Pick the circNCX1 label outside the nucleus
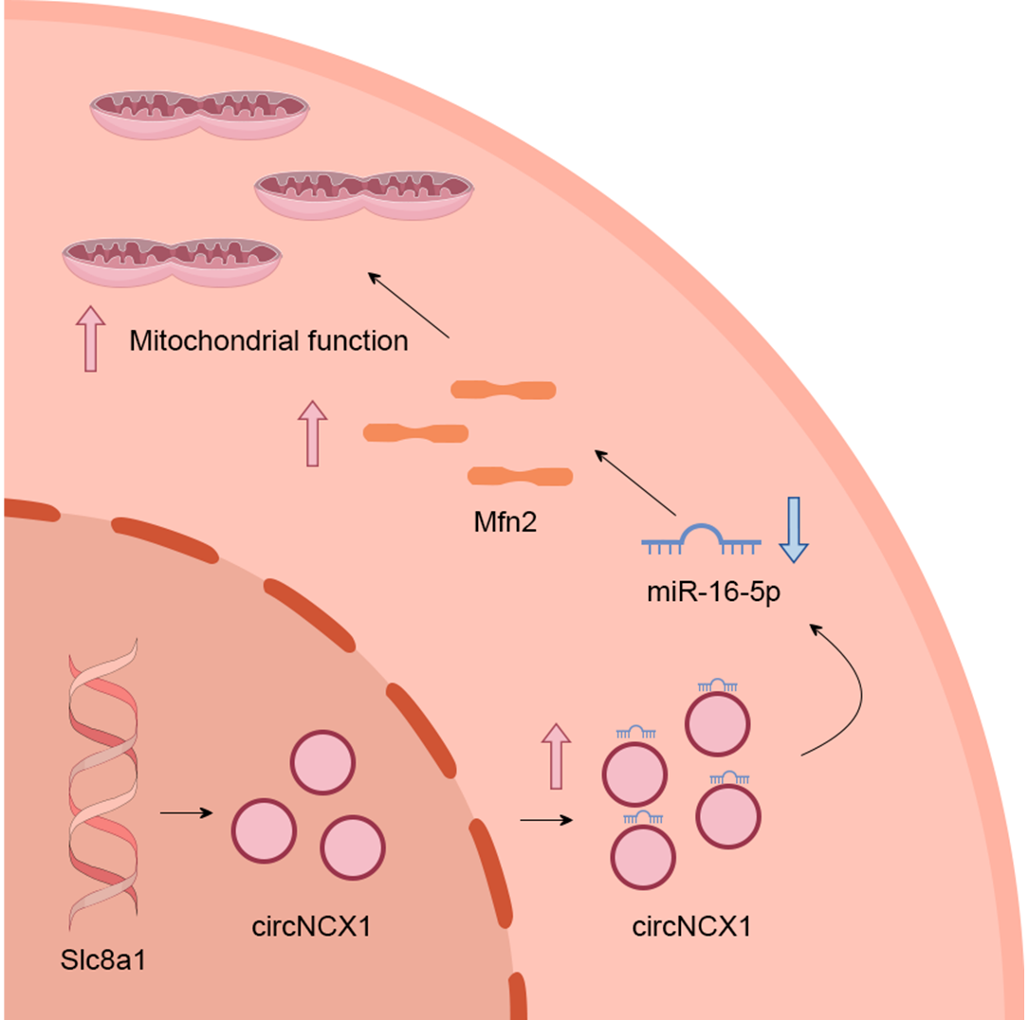click(691, 925)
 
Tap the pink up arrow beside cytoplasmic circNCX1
click(557, 755)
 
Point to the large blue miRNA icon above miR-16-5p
click(702, 540)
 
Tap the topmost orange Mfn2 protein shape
click(504, 390)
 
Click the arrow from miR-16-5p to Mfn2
click(634, 483)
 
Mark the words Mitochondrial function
click(269, 340)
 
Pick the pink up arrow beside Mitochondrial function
click(90, 338)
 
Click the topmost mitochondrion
click(199, 114)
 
